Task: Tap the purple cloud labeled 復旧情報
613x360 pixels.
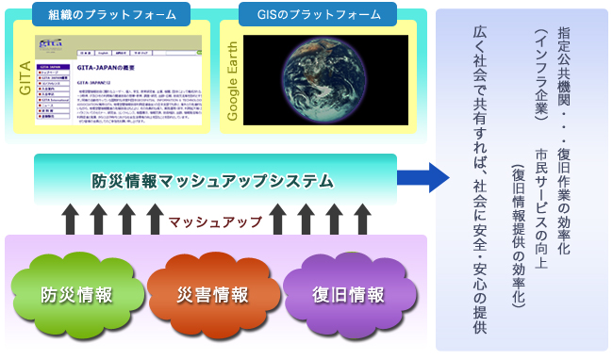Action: [348, 294]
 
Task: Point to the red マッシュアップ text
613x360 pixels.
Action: [216, 222]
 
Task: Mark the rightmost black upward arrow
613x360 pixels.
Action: [362, 221]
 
